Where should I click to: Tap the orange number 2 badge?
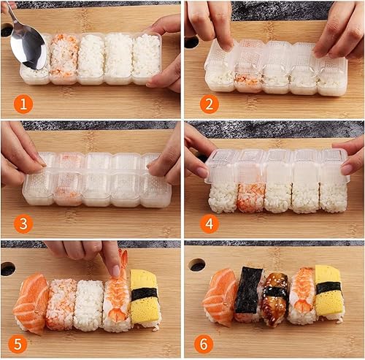click(209, 104)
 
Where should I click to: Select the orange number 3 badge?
click(23, 223)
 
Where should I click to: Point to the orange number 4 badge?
click(209, 223)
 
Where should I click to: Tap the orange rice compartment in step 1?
click(64, 55)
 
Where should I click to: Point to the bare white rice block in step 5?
click(89, 305)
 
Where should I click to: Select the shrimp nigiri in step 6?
click(302, 296)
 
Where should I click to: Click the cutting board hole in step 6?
click(196, 265)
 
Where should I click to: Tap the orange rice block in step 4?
click(250, 197)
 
